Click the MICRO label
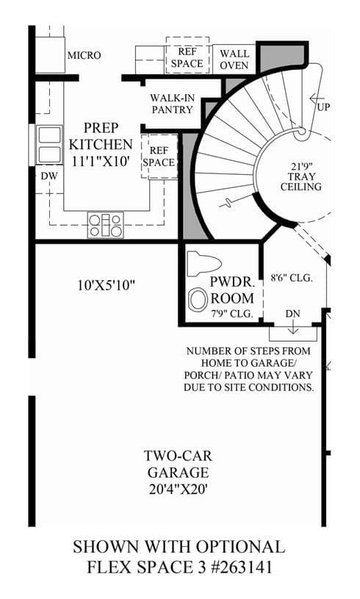pyautogui.click(x=84, y=55)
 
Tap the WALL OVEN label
pyautogui.click(x=234, y=60)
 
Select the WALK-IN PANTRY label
pyautogui.click(x=172, y=104)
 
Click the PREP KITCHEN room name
pyautogui.click(x=101, y=136)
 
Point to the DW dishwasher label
pyautogui.click(x=49, y=176)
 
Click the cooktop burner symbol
pyautogui.click(x=105, y=225)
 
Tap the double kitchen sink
pyautogui.click(x=50, y=145)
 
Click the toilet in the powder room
pyautogui.click(x=204, y=263)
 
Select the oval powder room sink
pyautogui.click(x=198, y=300)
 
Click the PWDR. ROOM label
pyautogui.click(x=232, y=290)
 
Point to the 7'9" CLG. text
pyautogui.click(x=232, y=314)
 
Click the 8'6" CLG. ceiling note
pyautogui.click(x=292, y=278)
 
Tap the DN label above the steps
pyautogui.click(x=293, y=314)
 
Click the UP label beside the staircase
pyautogui.click(x=323, y=107)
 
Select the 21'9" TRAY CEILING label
pyautogui.click(x=300, y=176)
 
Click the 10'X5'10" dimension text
pyautogui.click(x=107, y=285)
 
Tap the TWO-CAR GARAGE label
pyautogui.click(x=179, y=465)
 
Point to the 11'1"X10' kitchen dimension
pyautogui.click(x=101, y=161)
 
